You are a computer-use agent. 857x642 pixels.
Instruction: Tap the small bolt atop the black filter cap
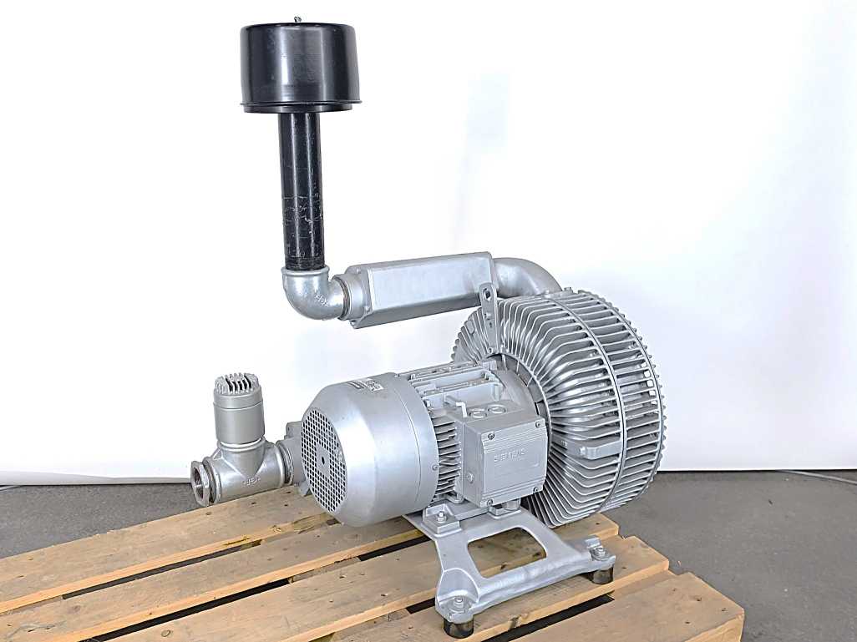tap(297, 19)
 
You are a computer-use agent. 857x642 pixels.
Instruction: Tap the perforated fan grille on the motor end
tap(322, 459)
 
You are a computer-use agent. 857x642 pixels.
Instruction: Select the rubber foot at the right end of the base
tap(601, 574)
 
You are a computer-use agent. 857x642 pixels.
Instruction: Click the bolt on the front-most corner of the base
tap(457, 602)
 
